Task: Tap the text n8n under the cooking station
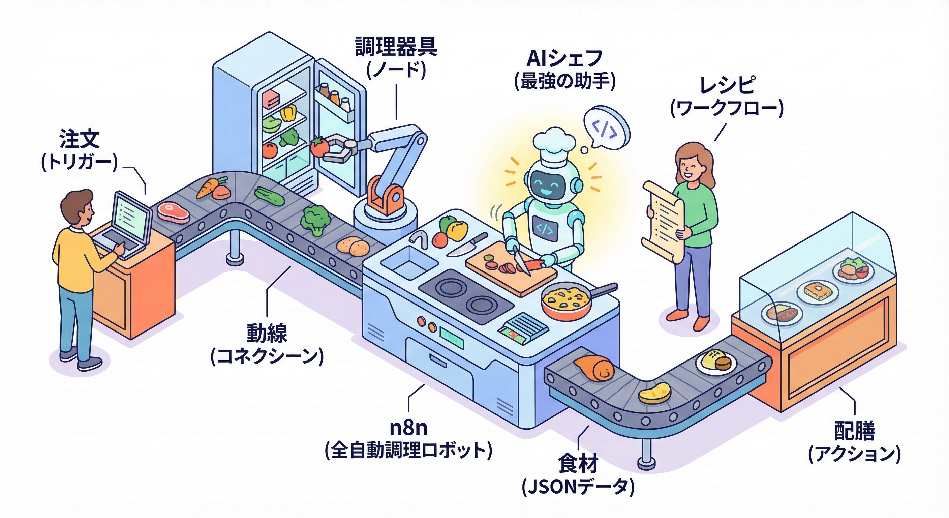(408, 428)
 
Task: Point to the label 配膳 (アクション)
(854, 442)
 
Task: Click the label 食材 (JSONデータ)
(578, 476)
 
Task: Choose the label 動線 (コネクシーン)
(267, 345)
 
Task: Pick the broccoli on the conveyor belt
(315, 220)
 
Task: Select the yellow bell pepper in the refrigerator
(288, 112)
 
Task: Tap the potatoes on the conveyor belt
(353, 246)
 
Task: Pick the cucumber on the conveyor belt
(269, 196)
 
